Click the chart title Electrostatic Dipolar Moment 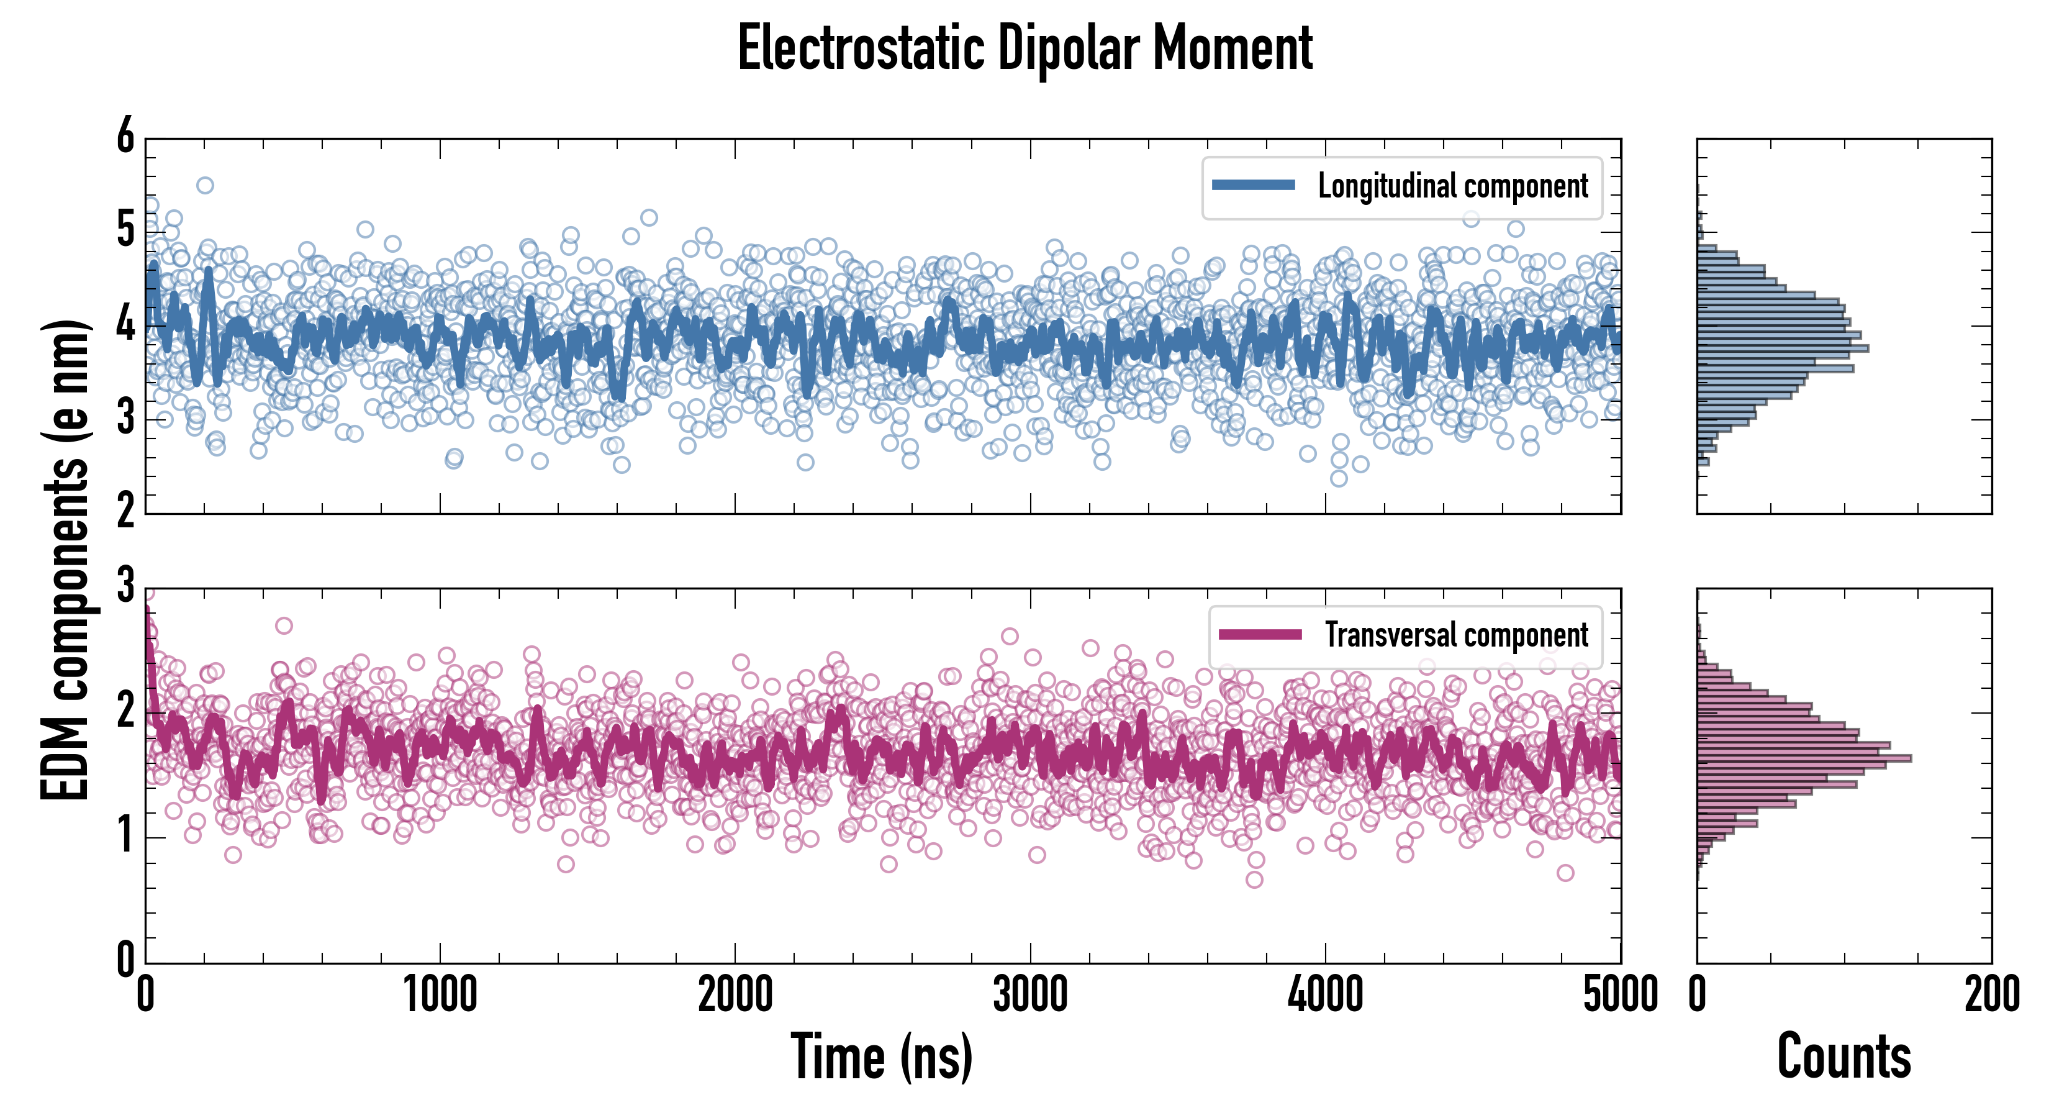coord(1024,49)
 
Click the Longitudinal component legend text coord(1452,186)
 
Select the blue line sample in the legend coord(1253,186)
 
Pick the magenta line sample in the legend coord(1259,634)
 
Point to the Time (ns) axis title coord(881,1057)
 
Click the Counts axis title coord(1843,1057)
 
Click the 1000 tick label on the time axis coord(440,994)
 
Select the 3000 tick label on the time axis coord(1030,994)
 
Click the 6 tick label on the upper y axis coord(125,137)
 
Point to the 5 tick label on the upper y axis coord(125,231)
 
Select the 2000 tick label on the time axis coord(735,994)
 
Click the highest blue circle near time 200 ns coord(206,186)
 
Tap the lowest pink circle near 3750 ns coord(1254,879)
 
